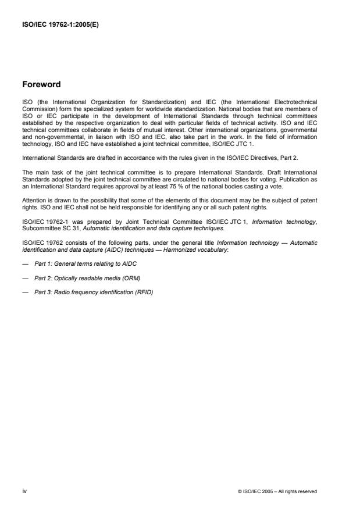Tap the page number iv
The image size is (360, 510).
24,491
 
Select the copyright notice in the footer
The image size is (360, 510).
278,491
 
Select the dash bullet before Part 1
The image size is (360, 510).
24,247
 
